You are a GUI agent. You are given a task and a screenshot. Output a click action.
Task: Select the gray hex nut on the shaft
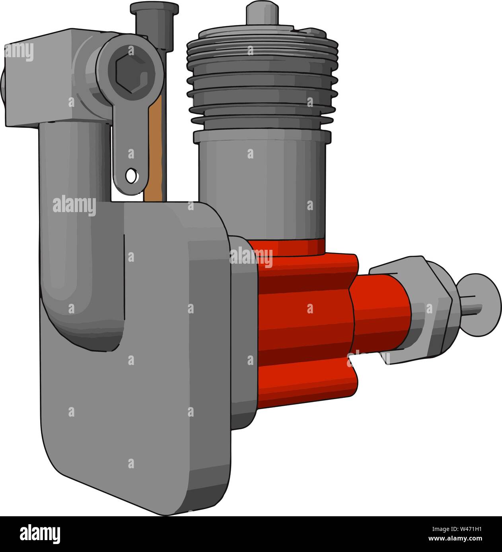(430, 310)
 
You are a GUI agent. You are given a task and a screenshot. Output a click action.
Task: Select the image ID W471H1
(457, 529)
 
